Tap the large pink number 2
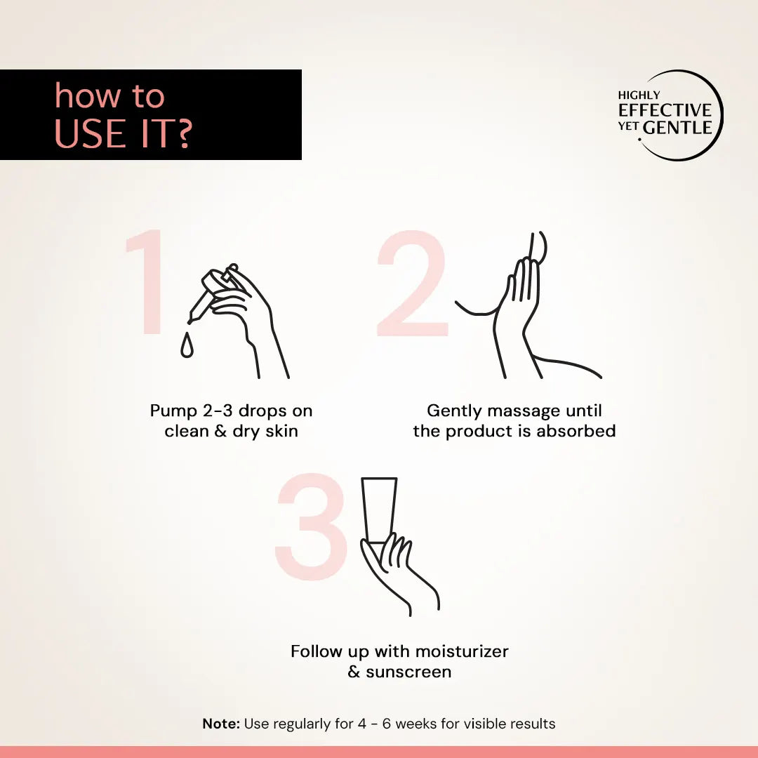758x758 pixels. [x=412, y=284]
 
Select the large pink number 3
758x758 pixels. [x=311, y=526]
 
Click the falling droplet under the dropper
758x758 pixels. [x=187, y=345]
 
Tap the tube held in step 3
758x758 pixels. [x=379, y=509]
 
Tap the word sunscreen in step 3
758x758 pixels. [x=408, y=672]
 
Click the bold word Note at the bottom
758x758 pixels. [x=221, y=724]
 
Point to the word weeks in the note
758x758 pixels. [x=416, y=724]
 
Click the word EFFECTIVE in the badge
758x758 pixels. [x=665, y=110]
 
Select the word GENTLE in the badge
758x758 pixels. [x=678, y=128]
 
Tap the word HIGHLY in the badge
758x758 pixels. [x=639, y=95]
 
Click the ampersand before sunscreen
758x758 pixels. [x=354, y=672]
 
